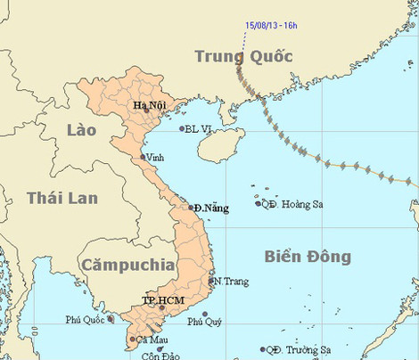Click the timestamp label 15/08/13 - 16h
click(273, 25)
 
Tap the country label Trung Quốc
click(243, 57)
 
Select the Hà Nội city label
click(151, 106)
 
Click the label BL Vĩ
click(200, 129)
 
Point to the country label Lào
click(82, 130)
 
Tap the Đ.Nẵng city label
click(211, 209)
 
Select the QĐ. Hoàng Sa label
click(292, 204)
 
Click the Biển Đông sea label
click(308, 257)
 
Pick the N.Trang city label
click(231, 282)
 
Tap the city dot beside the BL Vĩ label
click(182, 128)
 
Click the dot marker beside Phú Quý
click(205, 315)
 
